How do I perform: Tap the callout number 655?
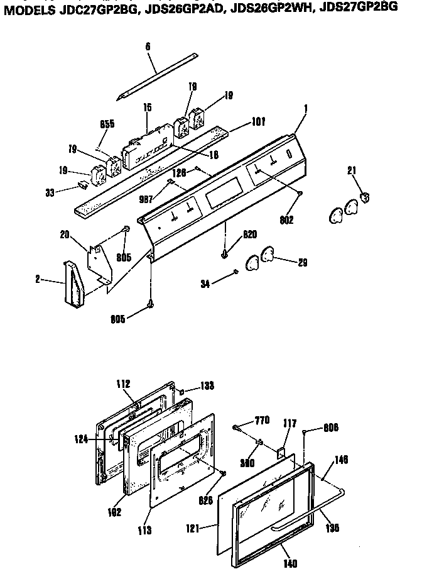tap(107, 124)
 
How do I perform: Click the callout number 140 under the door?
tap(290, 564)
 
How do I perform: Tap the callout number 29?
tap(302, 263)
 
